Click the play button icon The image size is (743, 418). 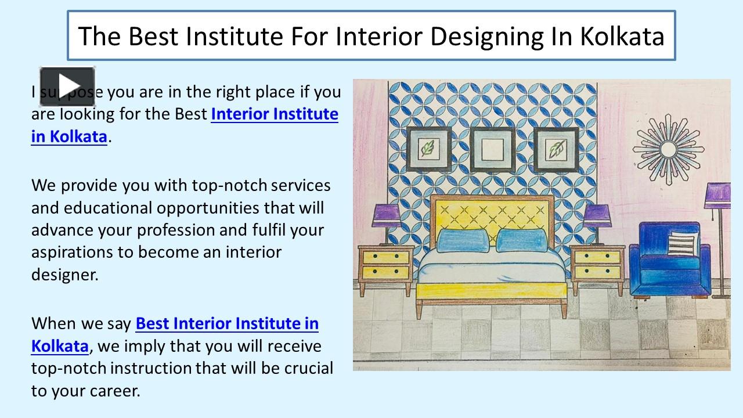67,86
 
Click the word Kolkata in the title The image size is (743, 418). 622,36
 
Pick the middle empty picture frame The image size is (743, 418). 492,150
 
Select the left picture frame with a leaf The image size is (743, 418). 428,150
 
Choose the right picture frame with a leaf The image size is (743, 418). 556,150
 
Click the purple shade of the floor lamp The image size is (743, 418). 718,195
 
